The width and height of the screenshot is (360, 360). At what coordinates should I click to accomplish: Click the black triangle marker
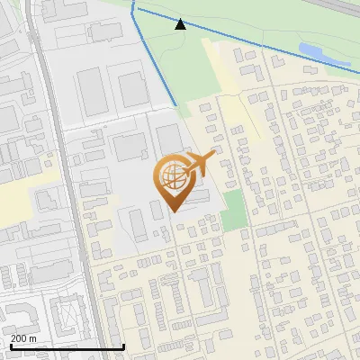[180, 24]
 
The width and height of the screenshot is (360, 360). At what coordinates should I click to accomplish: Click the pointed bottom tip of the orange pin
[171, 211]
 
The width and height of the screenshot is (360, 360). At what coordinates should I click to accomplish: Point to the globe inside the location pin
[170, 177]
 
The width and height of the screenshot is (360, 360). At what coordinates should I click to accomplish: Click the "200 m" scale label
[24, 337]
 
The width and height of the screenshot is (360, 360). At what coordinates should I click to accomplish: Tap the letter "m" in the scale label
[33, 337]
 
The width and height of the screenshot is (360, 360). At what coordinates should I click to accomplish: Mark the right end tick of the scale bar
[123, 345]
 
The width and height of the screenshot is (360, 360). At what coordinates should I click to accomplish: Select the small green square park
[233, 210]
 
